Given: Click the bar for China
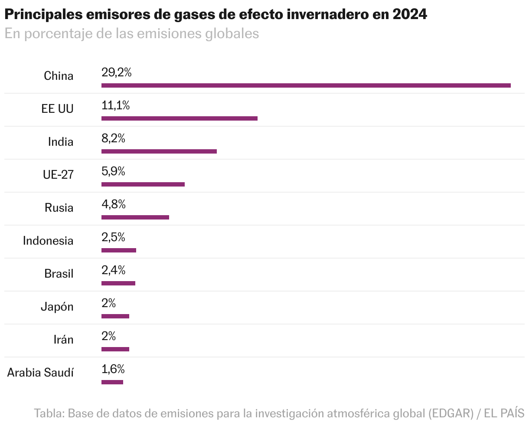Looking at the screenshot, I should click(306, 85).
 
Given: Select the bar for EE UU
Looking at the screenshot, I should click(179, 118).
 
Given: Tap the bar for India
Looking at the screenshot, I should click(159, 151).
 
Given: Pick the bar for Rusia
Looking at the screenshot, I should click(135, 217).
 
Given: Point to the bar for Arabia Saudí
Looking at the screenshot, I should click(112, 382).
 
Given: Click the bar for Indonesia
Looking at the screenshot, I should click(118, 250).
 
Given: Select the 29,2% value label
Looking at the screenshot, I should click(116, 72).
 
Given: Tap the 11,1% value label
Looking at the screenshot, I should click(115, 105).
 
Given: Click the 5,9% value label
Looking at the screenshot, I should click(113, 171).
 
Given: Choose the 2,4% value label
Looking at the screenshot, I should click(113, 270).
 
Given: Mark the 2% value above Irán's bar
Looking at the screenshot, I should click(108, 336).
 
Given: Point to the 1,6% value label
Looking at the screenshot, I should click(113, 369).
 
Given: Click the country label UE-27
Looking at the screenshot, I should click(58, 175).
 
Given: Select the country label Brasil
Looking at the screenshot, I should click(59, 274).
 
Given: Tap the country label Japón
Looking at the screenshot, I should click(57, 307).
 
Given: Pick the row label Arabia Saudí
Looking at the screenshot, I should click(40, 373).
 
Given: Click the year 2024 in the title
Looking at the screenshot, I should click(410, 14).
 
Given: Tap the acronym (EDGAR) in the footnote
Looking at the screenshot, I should click(451, 413).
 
